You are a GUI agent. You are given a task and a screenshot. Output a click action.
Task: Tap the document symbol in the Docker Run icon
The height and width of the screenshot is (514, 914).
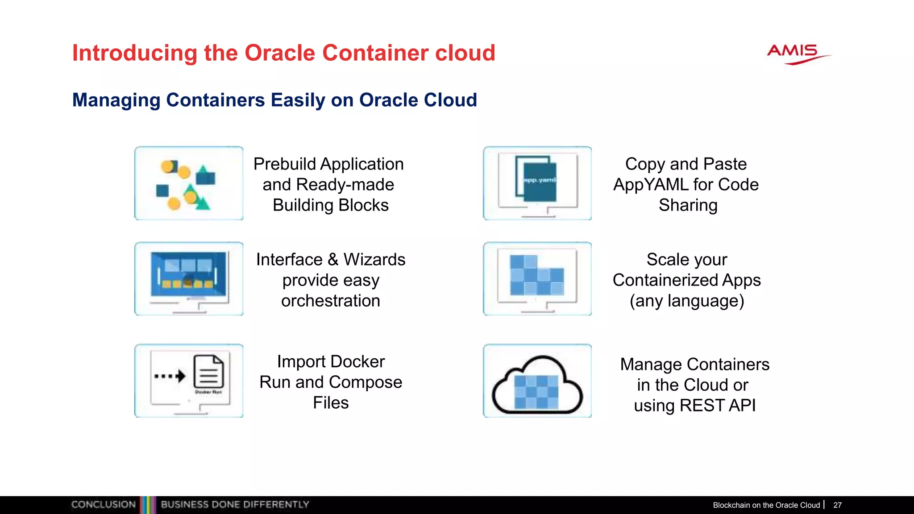(x=208, y=372)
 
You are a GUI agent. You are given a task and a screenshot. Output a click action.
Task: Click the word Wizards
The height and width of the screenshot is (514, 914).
(x=374, y=260)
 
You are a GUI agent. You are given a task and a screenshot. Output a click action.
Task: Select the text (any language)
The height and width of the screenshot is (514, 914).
(x=686, y=301)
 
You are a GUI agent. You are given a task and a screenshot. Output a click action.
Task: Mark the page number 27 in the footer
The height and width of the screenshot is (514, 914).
(x=837, y=505)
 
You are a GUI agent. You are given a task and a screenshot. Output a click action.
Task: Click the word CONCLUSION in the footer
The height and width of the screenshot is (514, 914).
(x=103, y=505)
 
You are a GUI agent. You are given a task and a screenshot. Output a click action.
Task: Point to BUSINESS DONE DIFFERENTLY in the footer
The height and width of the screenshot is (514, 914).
(x=235, y=505)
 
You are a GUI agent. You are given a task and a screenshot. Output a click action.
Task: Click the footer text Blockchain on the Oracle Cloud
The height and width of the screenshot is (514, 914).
(x=766, y=505)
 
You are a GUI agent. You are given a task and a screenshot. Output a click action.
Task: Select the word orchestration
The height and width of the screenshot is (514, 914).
(x=330, y=301)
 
